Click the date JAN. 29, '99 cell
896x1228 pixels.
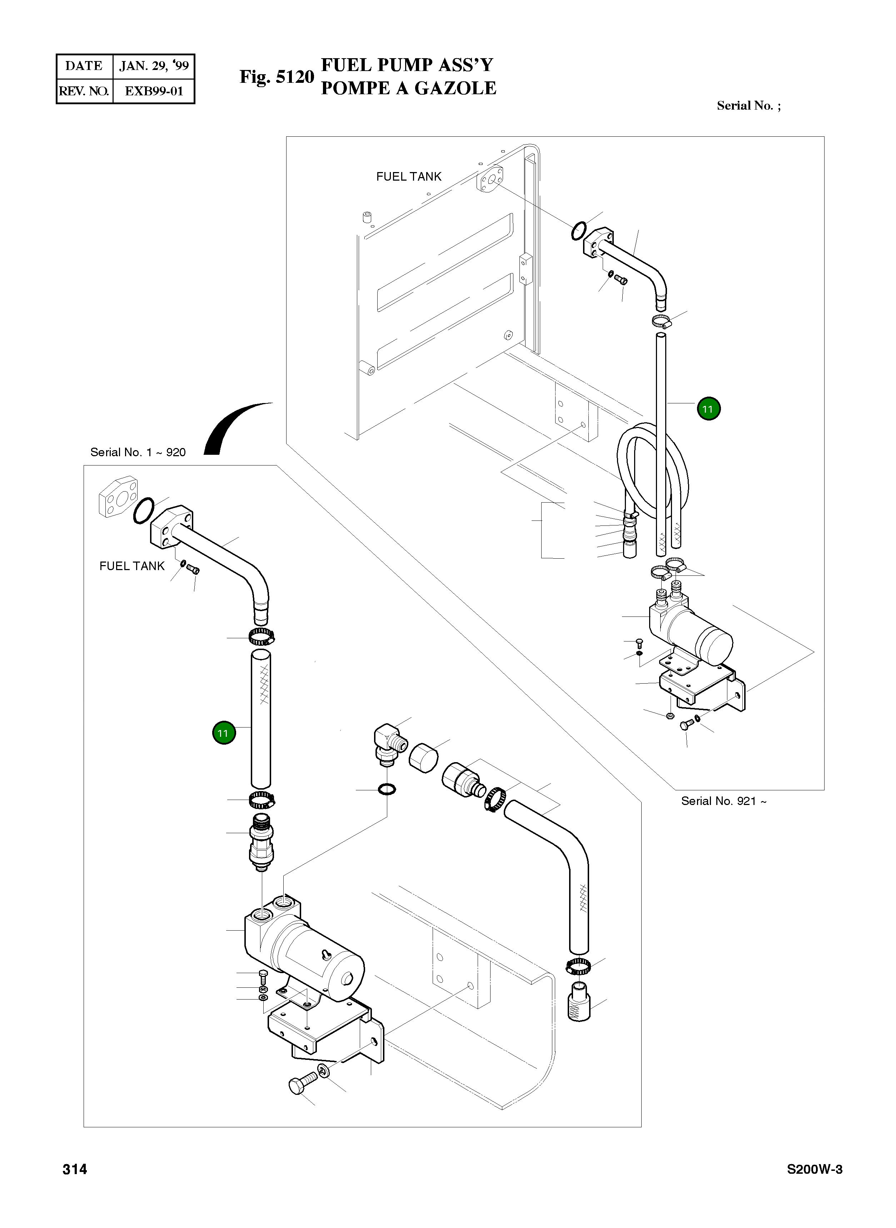point(154,66)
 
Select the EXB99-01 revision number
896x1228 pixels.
point(154,91)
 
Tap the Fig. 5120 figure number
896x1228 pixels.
point(277,77)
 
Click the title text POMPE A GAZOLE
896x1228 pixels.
point(408,88)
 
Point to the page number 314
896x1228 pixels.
point(75,1169)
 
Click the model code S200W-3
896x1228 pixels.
point(815,1169)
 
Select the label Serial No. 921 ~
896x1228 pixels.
point(723,801)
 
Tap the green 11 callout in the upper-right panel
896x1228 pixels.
point(708,409)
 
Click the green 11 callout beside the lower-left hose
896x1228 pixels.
point(223,733)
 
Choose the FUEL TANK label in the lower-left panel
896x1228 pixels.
point(132,566)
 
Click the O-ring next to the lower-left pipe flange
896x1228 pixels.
point(143,510)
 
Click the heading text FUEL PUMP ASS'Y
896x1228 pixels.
point(407,65)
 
